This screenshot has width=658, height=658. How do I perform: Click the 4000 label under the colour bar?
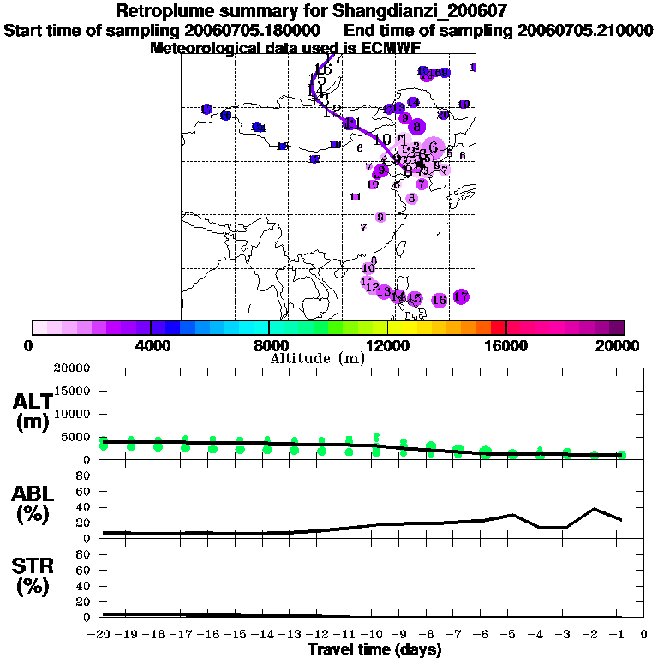click(x=151, y=346)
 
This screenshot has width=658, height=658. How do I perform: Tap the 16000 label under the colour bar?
click(x=505, y=346)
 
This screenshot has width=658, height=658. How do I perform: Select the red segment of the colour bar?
click(x=499, y=327)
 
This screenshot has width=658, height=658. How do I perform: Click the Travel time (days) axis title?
click(x=374, y=650)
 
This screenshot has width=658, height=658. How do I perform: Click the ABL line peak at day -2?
click(x=594, y=509)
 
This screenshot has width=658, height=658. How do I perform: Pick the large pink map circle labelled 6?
click(x=434, y=147)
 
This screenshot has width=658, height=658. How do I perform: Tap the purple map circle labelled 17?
click(x=461, y=296)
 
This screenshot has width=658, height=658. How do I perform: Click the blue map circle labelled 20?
click(x=443, y=115)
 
